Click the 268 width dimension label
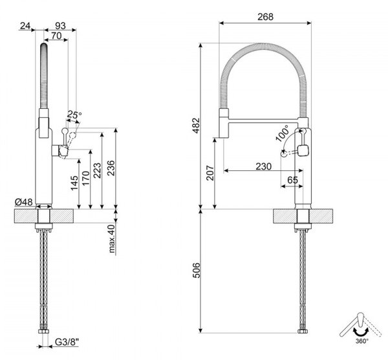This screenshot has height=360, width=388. [x=265, y=17]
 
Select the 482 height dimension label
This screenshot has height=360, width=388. [x=197, y=126]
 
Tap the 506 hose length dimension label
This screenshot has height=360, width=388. [x=197, y=270]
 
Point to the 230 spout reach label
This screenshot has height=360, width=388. [x=264, y=166]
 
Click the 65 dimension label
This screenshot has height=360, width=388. [x=292, y=180]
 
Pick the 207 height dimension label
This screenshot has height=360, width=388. [x=210, y=173]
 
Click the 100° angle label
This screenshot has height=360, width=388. [x=283, y=133]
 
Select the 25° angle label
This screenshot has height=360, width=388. [x=74, y=115]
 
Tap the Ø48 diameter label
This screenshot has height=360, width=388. [x=24, y=202]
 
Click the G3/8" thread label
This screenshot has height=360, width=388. [x=67, y=342]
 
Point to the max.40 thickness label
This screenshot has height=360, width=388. [x=112, y=238]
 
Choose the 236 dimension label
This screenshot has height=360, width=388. [x=111, y=168]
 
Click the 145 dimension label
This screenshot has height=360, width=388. [x=74, y=183]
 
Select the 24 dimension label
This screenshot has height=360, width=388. [x=25, y=25]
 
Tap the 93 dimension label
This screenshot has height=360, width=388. [x=60, y=25]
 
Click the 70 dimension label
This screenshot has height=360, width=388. [x=56, y=36]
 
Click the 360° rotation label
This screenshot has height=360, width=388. [x=362, y=341]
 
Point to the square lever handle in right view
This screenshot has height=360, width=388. [x=303, y=150]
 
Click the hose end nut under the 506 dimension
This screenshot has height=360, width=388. [x=303, y=331]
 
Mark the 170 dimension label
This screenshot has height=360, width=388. [x=85, y=178]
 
